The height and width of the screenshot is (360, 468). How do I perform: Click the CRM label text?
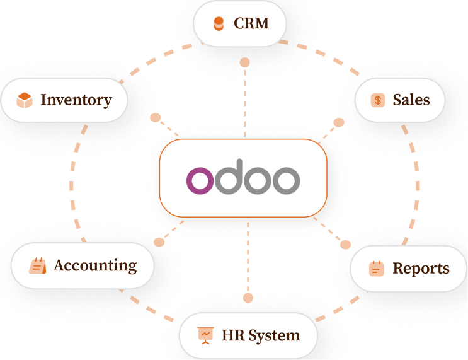click(251, 24)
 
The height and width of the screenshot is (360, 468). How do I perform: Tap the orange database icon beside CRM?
click(219, 24)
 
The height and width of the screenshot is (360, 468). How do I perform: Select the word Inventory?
click(76, 100)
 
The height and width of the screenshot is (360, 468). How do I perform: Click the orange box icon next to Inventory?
click(25, 100)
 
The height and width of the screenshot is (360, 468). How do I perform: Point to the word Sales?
click(411, 100)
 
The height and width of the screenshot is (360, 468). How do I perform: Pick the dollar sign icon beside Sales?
click(378, 100)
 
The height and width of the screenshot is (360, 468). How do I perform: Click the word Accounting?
click(95, 265)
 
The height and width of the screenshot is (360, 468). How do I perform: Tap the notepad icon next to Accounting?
click(38, 266)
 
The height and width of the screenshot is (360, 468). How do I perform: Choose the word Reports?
click(421, 269)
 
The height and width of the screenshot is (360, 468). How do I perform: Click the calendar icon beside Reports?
click(376, 269)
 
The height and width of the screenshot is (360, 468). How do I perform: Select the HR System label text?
click(260, 335)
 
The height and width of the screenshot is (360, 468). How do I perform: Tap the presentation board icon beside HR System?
click(205, 335)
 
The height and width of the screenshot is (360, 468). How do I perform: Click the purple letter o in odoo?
click(201, 180)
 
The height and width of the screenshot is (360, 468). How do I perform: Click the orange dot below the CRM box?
click(244, 62)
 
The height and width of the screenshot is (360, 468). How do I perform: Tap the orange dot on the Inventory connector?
click(155, 118)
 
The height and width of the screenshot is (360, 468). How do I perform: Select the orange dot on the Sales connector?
click(339, 122)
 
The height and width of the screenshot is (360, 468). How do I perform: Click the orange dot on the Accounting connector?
click(159, 241)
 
